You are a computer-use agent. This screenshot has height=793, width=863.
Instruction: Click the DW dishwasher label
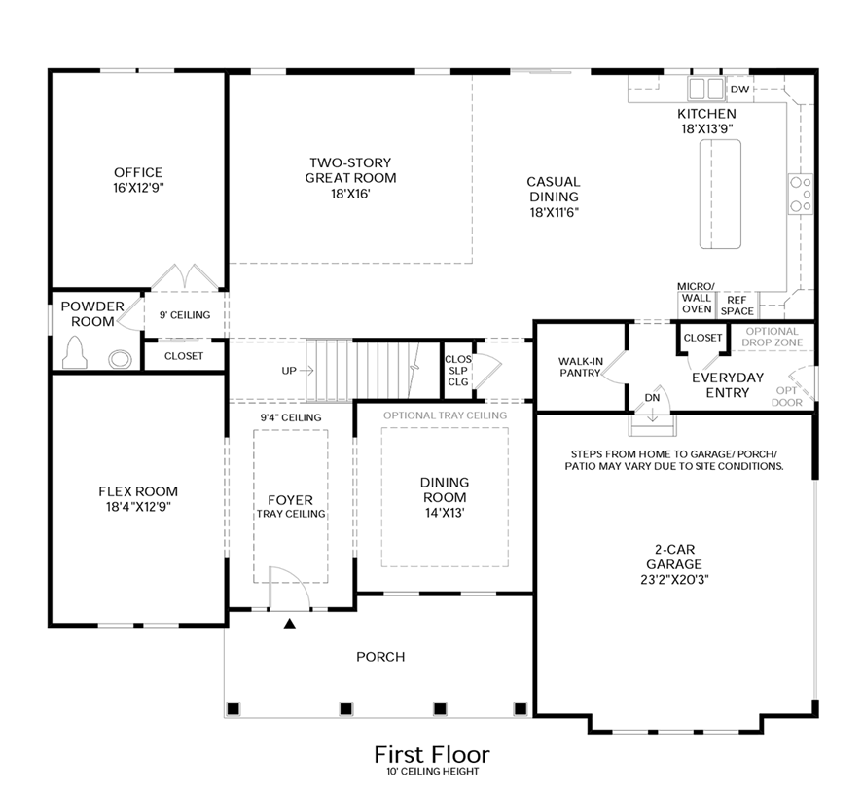pyautogui.click(x=739, y=90)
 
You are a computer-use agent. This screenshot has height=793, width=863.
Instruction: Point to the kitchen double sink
pyautogui.click(x=707, y=90)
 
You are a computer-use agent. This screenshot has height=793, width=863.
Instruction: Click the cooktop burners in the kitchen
pyautogui.click(x=800, y=193)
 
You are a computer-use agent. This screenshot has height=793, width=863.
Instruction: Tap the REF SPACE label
pyautogui.click(x=737, y=305)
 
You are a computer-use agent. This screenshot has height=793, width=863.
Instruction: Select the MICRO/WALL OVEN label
pyautogui.click(x=696, y=297)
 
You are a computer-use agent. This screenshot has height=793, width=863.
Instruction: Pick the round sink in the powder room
pyautogui.click(x=120, y=357)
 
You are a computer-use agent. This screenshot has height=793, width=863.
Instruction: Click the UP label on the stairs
pyautogui.click(x=291, y=370)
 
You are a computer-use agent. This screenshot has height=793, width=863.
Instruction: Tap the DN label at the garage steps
pyautogui.click(x=652, y=397)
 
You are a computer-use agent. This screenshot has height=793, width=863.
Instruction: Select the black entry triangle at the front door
pyautogui.click(x=288, y=623)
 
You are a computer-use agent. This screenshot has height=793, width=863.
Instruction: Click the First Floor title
pyautogui.click(x=432, y=754)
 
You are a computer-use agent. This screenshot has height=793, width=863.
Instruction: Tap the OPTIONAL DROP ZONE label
pyautogui.click(x=771, y=337)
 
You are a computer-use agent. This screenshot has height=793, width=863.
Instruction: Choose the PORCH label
pyautogui.click(x=379, y=657)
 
